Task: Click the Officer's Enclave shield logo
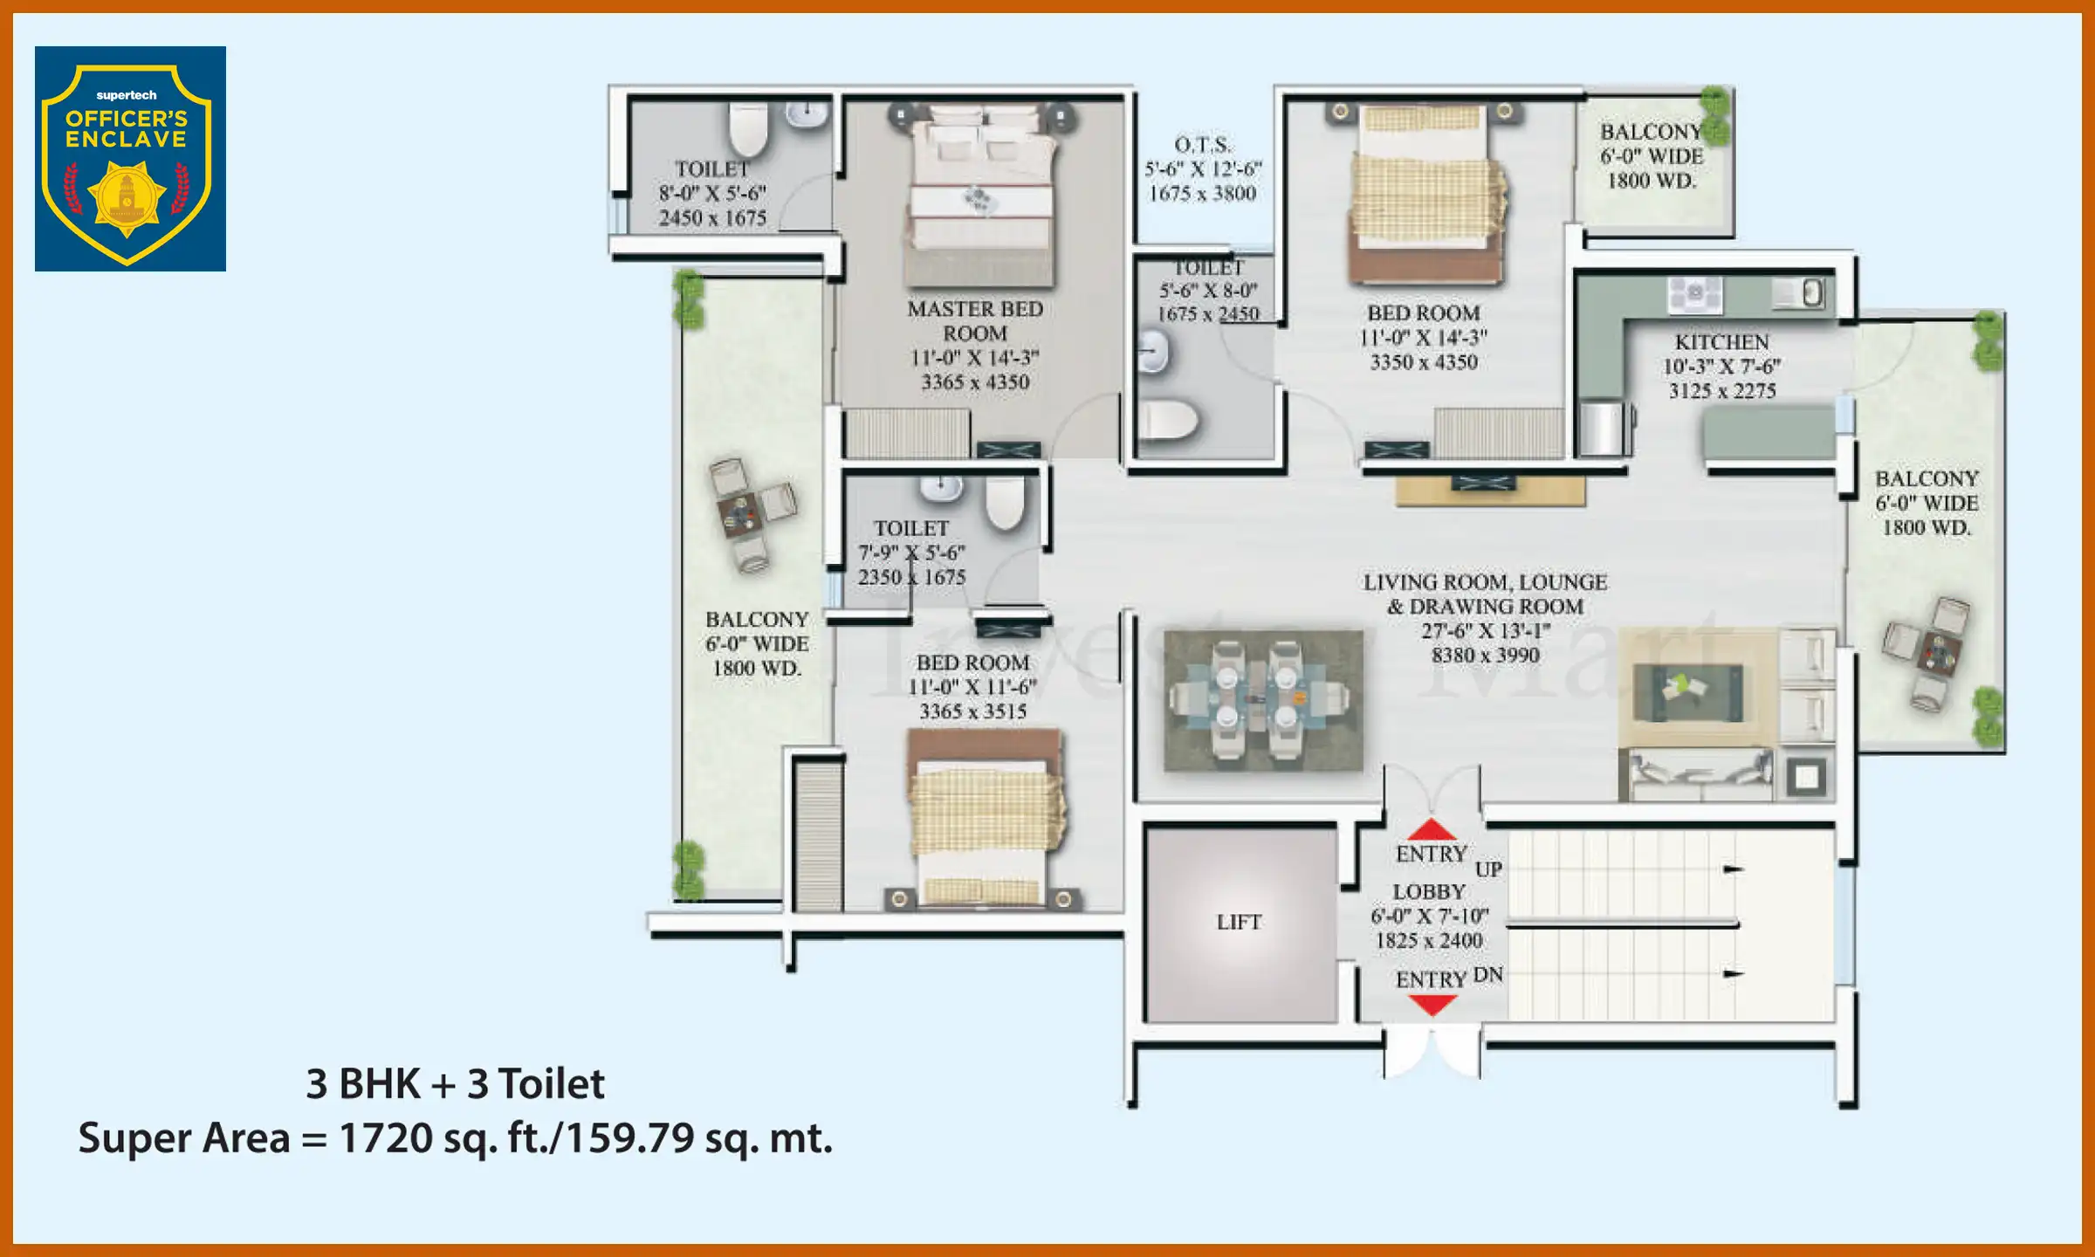129,160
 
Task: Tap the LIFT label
1239,922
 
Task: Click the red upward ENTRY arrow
1432,830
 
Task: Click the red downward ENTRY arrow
1432,1006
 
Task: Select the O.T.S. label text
1202,145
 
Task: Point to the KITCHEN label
1721,342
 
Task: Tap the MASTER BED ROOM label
975,321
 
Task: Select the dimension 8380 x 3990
1485,656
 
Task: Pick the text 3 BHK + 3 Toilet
454,1084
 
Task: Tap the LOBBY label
1429,892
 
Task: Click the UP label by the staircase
1488,869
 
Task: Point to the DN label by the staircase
1488,975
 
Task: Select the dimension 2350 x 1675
911,577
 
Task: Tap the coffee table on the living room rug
1688,690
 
